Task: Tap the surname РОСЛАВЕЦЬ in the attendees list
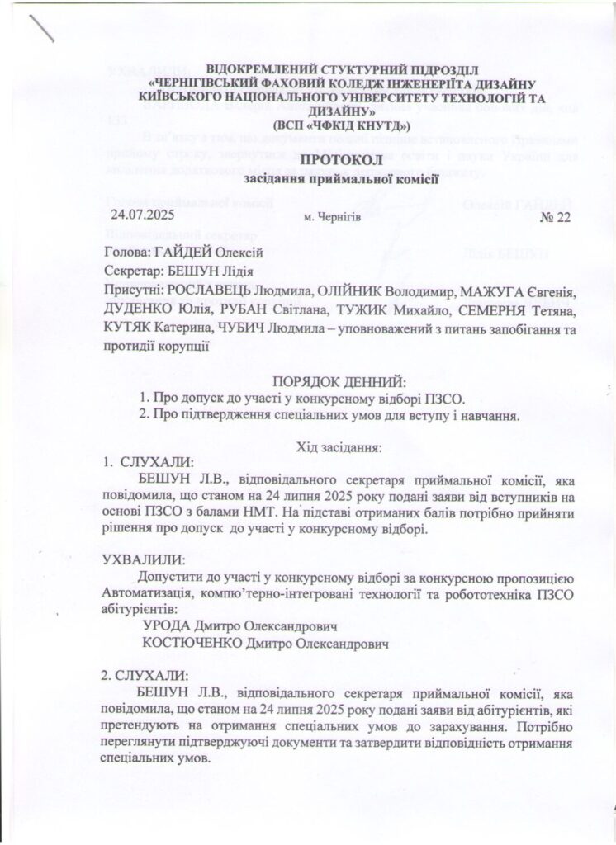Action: coord(211,291)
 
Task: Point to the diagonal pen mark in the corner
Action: coord(41,29)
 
